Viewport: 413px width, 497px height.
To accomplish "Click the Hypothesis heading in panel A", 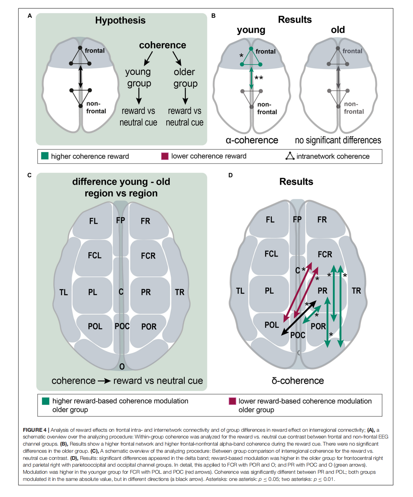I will [120, 20].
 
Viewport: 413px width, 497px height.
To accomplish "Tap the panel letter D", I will [231, 175].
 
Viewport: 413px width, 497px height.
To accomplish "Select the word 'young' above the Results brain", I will [251, 30].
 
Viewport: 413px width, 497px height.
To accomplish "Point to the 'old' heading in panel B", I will [338, 30].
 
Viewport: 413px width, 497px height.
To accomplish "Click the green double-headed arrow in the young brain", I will [251, 78].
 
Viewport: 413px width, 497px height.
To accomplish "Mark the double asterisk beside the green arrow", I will [259, 78].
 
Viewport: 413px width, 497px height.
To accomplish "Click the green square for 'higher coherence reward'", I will [45, 156].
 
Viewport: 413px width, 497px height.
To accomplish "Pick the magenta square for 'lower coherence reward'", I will [165, 156].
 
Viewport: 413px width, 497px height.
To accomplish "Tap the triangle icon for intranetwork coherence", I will [290, 156].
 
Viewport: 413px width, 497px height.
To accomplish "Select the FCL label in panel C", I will [95, 255].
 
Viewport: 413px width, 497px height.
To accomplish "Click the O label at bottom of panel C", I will [122, 366].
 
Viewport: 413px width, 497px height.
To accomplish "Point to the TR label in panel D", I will [356, 291].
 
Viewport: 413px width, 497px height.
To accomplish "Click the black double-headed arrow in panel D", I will [298, 318].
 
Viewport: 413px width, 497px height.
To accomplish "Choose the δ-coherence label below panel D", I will [297, 381].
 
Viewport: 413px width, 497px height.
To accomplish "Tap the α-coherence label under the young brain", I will [252, 140].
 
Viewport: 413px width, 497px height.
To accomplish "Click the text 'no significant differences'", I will [338, 140].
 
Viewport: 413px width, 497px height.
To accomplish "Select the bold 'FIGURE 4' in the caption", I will [35, 430].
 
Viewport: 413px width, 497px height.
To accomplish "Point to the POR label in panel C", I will [149, 327].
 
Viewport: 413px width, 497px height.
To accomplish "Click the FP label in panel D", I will [297, 219].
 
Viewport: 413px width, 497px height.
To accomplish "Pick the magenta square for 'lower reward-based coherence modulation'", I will [232, 401].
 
